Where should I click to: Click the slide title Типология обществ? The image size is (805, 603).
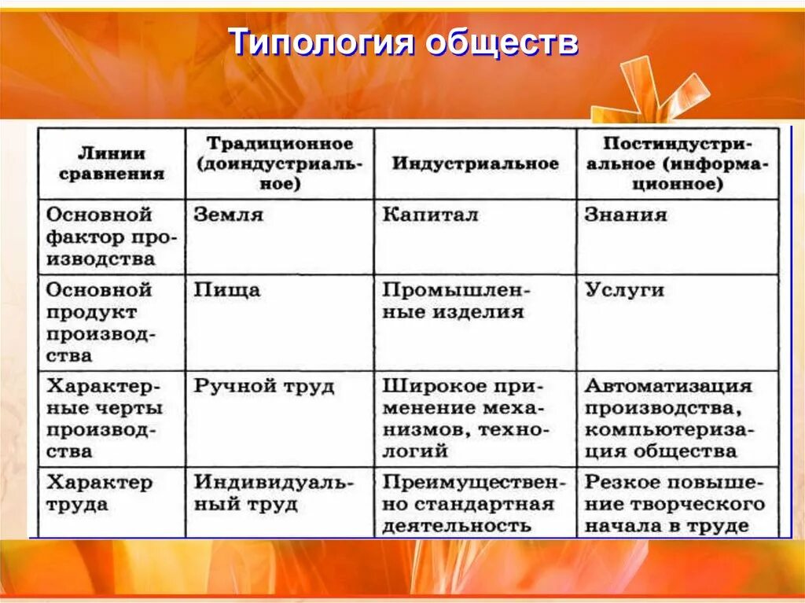click(x=403, y=43)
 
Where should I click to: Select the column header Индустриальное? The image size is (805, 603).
click(x=475, y=164)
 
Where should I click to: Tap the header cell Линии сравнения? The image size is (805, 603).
click(x=112, y=164)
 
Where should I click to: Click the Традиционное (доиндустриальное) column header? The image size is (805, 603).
click(x=280, y=164)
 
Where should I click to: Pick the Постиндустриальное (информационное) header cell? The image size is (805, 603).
click(x=677, y=164)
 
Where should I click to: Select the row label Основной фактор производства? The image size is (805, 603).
click(x=111, y=236)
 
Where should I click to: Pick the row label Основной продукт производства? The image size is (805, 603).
click(x=111, y=322)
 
